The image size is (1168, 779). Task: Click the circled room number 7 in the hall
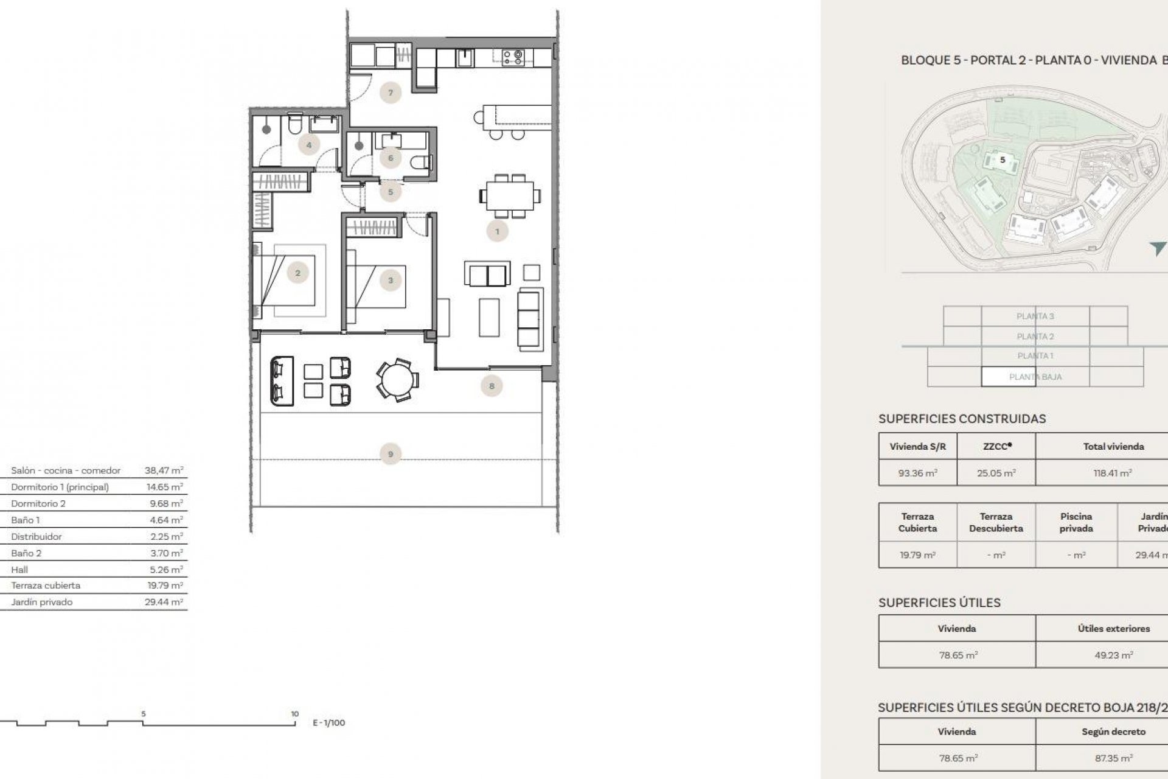point(390,93)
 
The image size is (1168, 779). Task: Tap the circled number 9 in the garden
point(390,454)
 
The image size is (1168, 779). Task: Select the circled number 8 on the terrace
point(492,386)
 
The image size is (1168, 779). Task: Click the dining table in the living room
point(510,196)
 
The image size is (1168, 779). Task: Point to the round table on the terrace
point(397,380)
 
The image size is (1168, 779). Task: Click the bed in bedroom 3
point(375,285)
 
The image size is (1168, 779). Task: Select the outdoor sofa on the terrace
point(281,382)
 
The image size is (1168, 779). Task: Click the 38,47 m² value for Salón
point(164,470)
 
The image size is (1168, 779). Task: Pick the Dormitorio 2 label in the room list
point(38,503)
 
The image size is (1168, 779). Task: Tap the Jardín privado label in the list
point(41,602)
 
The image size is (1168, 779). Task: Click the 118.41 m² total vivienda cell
point(1113,473)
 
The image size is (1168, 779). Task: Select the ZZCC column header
point(996,446)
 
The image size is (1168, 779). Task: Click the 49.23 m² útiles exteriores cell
point(1113,655)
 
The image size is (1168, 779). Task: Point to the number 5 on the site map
point(1003,160)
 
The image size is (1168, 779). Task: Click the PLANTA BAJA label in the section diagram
point(1035,377)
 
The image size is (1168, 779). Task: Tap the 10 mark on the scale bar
point(294,714)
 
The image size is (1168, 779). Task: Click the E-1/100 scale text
point(328,723)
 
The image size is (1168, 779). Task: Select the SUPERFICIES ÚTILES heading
point(939,603)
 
